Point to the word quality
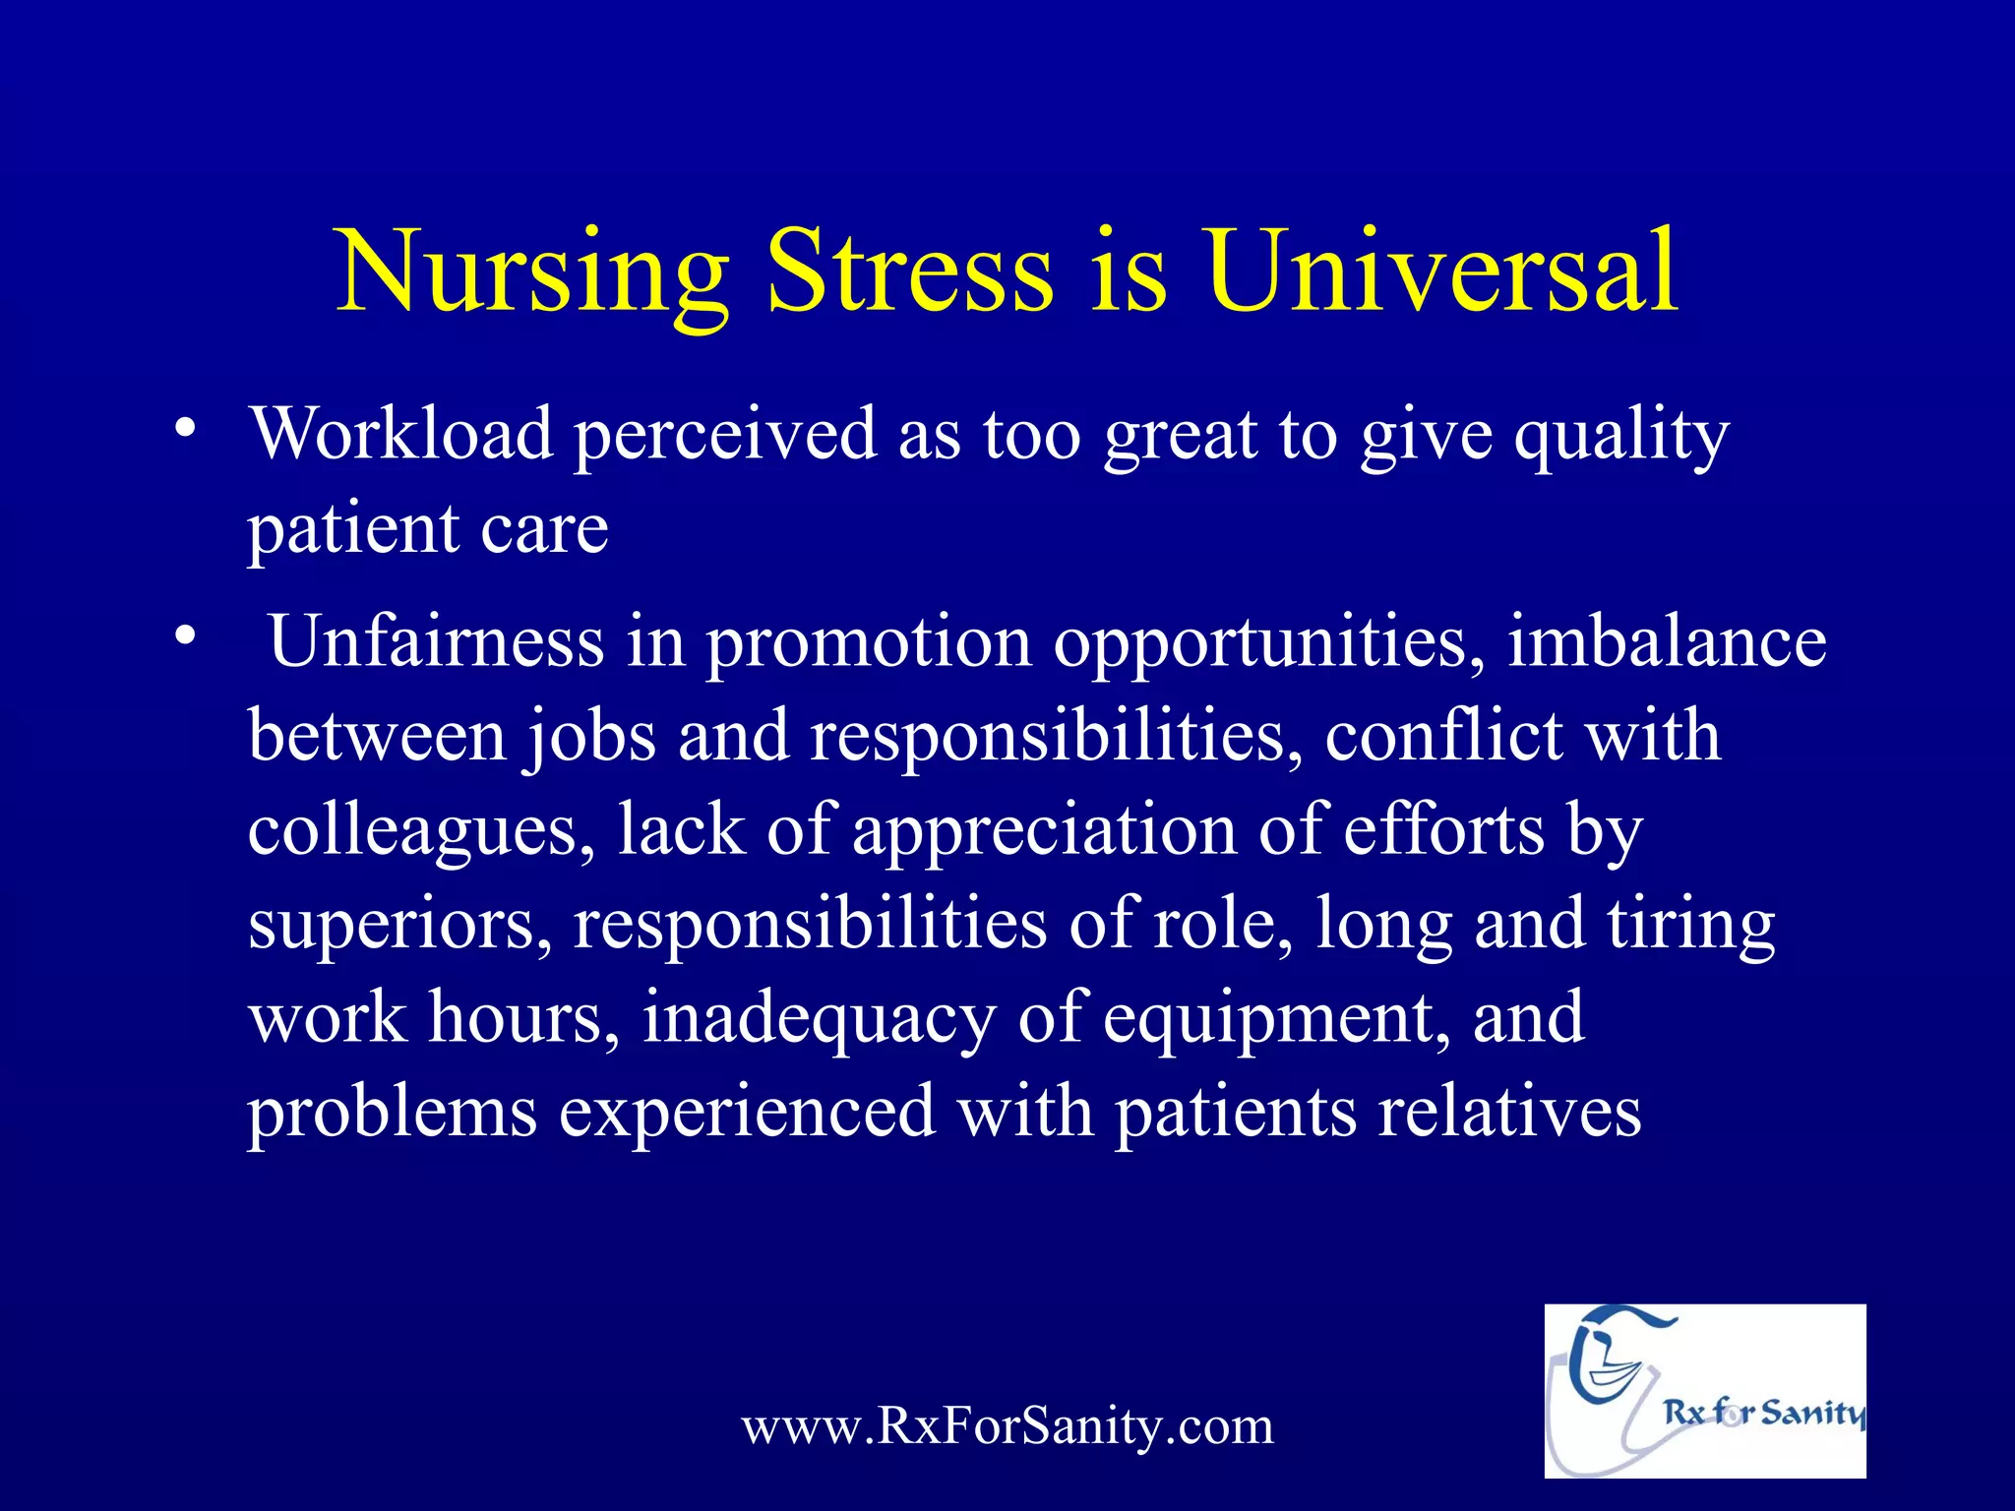(1620, 436)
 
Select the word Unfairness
(436, 641)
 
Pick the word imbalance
(1667, 641)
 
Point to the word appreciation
(1043, 830)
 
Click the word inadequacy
(819, 1019)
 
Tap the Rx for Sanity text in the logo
(1763, 1413)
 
